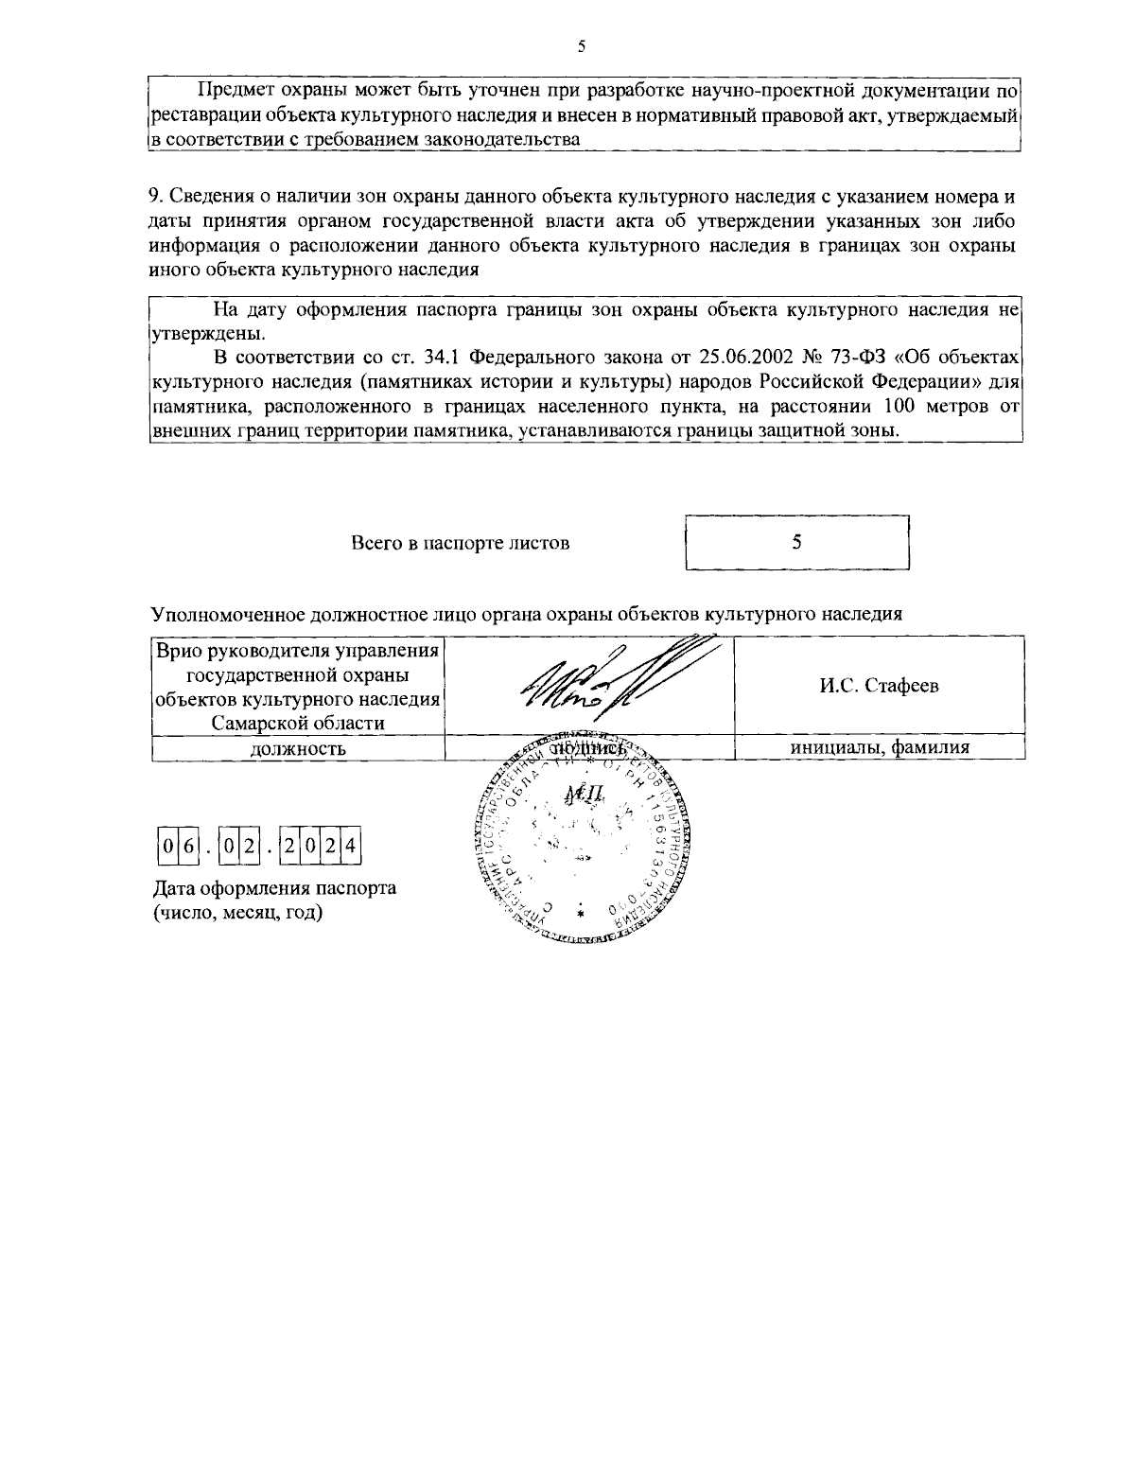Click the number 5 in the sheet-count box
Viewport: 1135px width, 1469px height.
[x=796, y=542]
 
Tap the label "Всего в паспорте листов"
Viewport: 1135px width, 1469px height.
[x=461, y=543]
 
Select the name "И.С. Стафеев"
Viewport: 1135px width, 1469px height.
[x=879, y=686]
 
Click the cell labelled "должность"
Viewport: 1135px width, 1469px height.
[x=297, y=748]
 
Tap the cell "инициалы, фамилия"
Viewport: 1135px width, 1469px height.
[x=880, y=747]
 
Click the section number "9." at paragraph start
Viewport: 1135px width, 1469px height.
[x=158, y=197]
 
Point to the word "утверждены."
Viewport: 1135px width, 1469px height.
[x=201, y=334]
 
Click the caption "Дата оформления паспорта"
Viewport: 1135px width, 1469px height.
[x=274, y=888]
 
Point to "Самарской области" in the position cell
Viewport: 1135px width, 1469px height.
[x=298, y=723]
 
